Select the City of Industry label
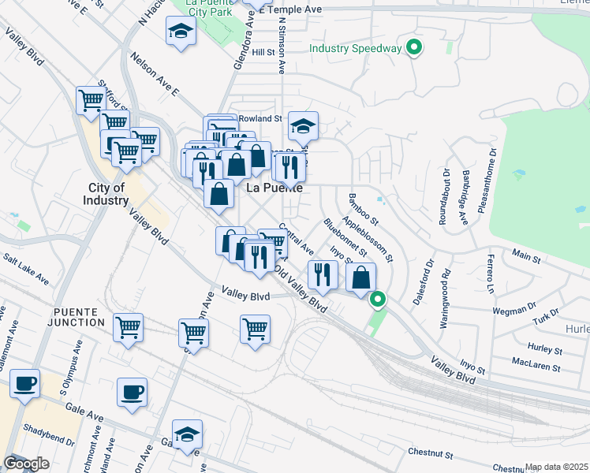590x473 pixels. click(107, 194)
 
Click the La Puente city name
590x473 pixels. click(275, 189)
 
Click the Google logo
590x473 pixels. click(26, 464)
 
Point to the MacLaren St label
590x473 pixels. click(536, 367)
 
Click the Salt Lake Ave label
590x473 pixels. click(26, 269)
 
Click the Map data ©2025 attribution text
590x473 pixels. click(556, 467)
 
